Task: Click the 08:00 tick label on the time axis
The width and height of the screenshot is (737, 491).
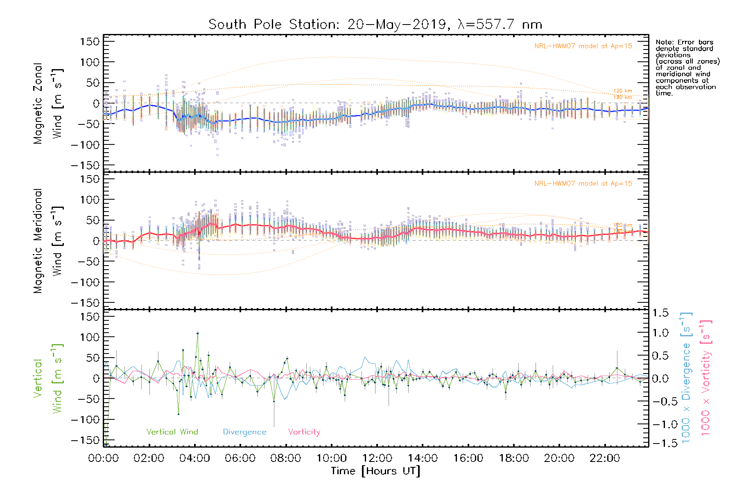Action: pyautogui.click(x=286, y=458)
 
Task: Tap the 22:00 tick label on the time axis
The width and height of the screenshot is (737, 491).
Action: pyautogui.click(x=605, y=458)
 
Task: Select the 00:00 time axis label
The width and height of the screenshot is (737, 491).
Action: pyautogui.click(x=104, y=458)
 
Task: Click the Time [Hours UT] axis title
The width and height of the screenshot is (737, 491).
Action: pyautogui.click(x=375, y=471)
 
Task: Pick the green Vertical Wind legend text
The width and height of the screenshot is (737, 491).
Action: pyautogui.click(x=172, y=432)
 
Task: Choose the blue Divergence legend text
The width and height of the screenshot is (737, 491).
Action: pyautogui.click(x=244, y=432)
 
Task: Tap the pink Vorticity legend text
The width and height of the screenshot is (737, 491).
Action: pyautogui.click(x=304, y=432)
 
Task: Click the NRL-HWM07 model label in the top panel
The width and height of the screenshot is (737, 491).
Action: pyautogui.click(x=583, y=46)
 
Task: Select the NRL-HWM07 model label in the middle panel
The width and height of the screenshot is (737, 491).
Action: pyautogui.click(x=583, y=184)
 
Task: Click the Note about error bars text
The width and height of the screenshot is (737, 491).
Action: pyautogui.click(x=687, y=68)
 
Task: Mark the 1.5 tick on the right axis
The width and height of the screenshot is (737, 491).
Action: pyautogui.click(x=660, y=313)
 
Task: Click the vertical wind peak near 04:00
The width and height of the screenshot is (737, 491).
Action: pyautogui.click(x=198, y=333)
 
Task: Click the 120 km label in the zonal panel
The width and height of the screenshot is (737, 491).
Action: pyautogui.click(x=622, y=91)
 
